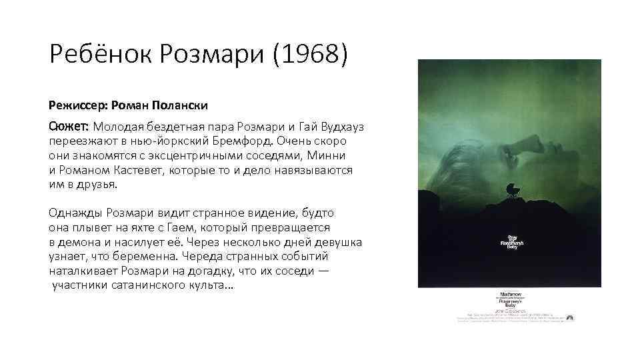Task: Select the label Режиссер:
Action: (76, 106)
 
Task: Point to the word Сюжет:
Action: (69, 126)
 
